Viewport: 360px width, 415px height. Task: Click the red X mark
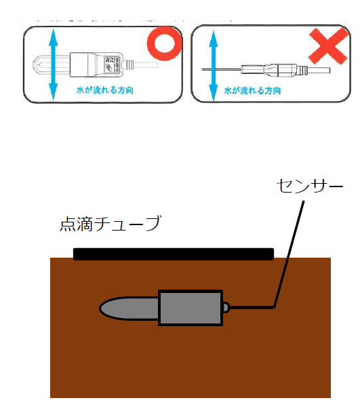coord(329,46)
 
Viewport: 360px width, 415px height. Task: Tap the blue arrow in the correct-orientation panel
coord(53,64)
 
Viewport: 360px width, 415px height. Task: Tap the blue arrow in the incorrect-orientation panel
coord(214,66)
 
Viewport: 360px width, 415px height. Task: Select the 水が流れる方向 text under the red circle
coord(105,90)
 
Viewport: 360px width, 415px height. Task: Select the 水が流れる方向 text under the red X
coord(252,91)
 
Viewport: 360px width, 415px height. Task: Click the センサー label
coord(310,186)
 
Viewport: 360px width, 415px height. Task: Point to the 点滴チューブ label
coord(111,223)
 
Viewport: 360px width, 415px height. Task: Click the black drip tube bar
coord(174,254)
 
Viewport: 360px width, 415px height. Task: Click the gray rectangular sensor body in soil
coord(191,308)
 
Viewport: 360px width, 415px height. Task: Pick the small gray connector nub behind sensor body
coord(226,308)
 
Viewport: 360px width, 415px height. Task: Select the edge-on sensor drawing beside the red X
coord(266,70)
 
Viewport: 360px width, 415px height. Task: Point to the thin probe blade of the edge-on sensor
coord(222,70)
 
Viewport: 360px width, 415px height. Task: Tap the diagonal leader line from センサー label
coord(289,254)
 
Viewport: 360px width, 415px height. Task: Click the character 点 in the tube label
coord(68,224)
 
